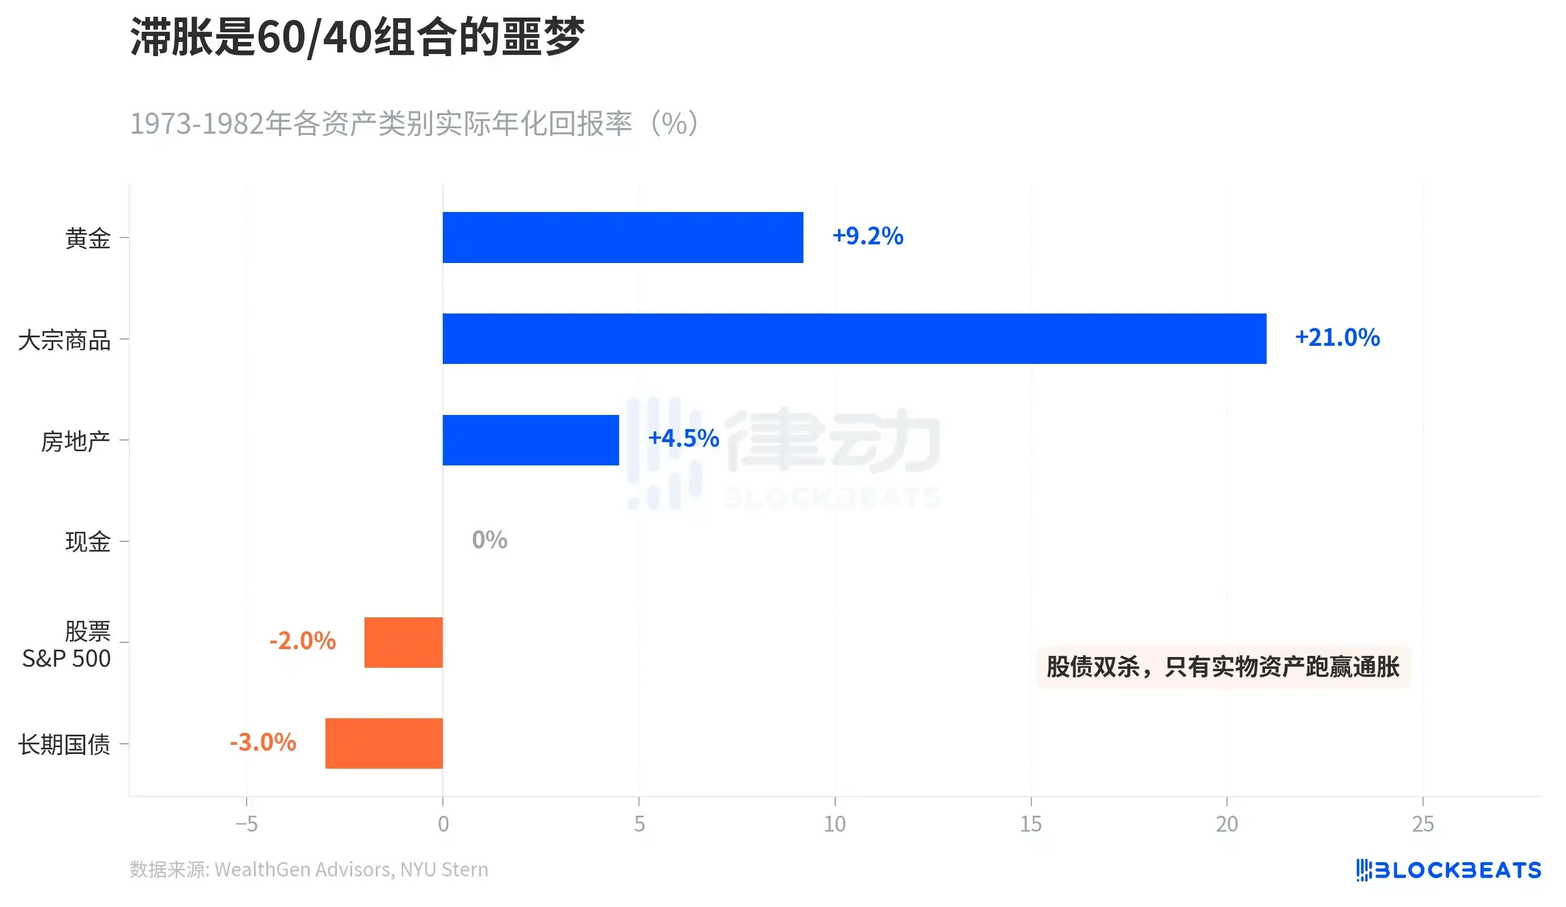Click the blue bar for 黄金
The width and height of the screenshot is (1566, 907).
coord(622,238)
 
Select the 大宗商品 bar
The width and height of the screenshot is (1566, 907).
coord(854,338)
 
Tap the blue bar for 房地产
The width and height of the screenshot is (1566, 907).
coord(530,440)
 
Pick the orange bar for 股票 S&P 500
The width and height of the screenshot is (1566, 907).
coord(403,642)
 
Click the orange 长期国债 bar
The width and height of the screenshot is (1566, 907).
coord(383,743)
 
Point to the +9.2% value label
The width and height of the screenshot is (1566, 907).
coord(867,236)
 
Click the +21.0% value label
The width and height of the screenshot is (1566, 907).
coord(1337,337)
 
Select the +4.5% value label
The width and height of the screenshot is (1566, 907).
coord(683,439)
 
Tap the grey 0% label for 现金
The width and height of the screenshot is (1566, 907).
coord(489,540)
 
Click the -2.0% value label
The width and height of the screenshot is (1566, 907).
coord(302,641)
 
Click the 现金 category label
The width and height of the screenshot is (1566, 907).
coord(88,542)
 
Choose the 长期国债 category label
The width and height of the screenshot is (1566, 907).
coord(64,744)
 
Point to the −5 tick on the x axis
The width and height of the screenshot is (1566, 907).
coord(246,824)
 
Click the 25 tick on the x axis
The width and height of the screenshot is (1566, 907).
coord(1423,824)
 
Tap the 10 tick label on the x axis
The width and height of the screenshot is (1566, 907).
coord(834,824)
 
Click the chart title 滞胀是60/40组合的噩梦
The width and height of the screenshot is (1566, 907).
coord(357,37)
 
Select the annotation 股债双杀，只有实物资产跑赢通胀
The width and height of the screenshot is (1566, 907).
coord(1222,667)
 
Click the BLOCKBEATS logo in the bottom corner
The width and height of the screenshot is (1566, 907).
coord(1448,870)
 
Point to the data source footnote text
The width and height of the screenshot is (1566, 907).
coord(308,870)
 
